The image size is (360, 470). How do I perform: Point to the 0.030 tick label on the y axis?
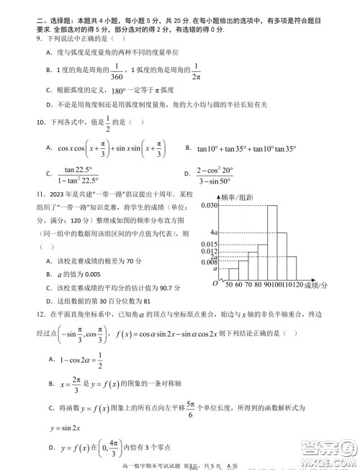pos(209,205)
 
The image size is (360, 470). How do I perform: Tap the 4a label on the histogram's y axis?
pos(213,232)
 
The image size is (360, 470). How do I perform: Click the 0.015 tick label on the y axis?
pos(209,245)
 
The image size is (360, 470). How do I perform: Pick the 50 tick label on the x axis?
pos(229,285)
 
